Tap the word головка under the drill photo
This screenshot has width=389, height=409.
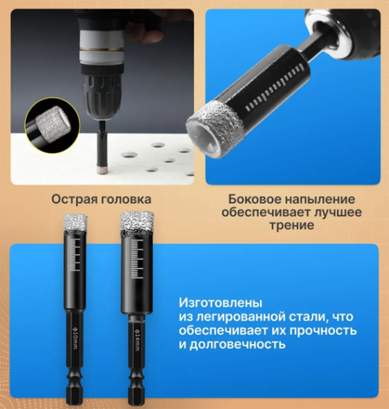pos(126,199)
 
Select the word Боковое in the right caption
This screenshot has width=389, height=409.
pos(255,199)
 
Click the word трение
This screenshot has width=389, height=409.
pos(291,225)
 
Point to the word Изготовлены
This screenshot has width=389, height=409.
pos(220,303)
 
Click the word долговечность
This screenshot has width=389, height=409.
pos(237,344)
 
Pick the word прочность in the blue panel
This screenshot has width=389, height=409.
pos(323,331)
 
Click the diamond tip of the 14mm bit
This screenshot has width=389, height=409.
pos(136,223)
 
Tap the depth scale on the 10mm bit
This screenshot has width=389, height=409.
pos(75,255)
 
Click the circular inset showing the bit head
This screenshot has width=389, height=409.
pos(53,125)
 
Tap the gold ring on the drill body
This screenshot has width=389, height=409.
pos(102,49)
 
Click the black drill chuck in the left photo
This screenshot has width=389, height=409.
pos(102,91)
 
